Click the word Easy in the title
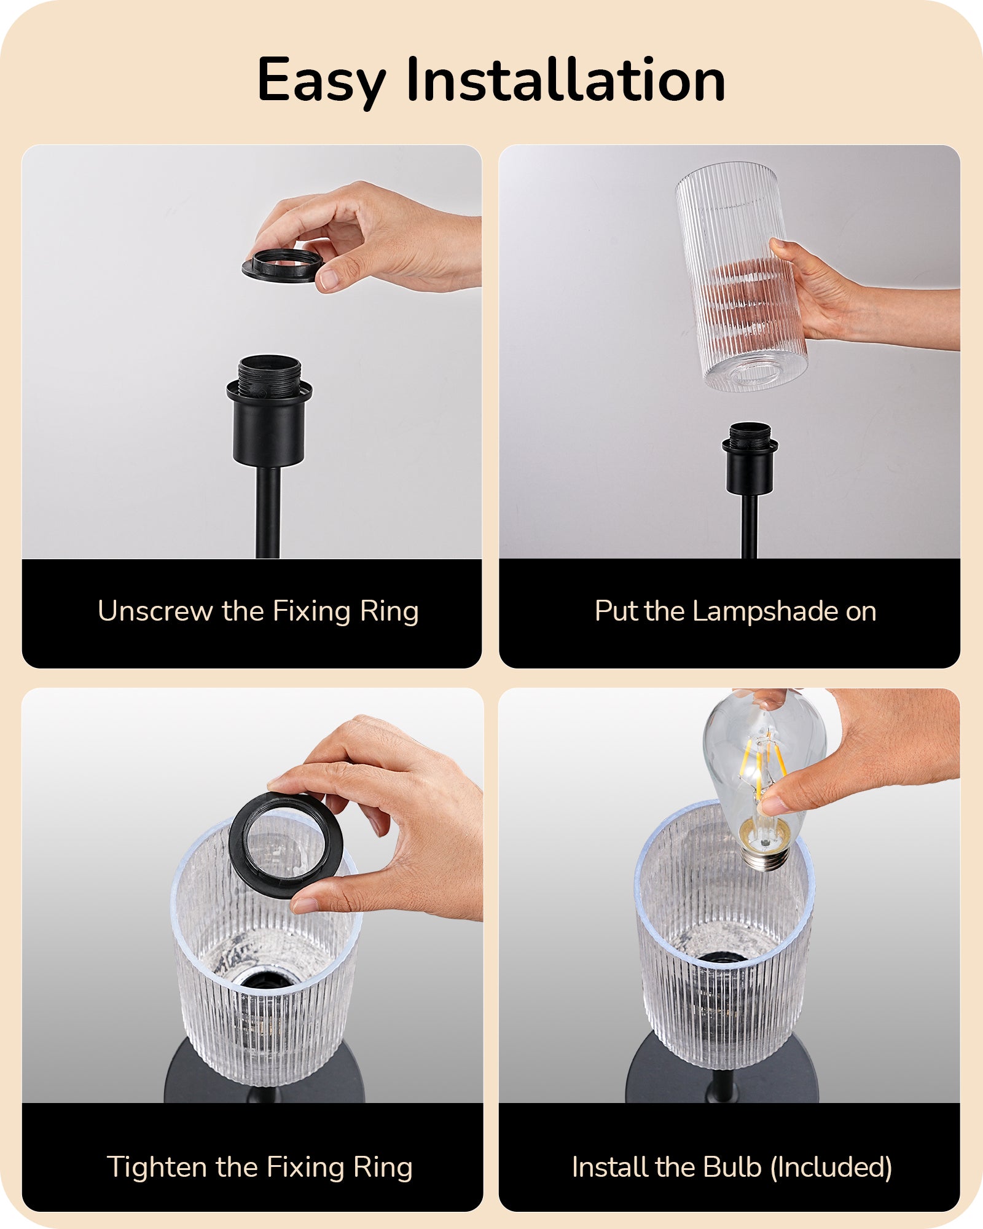tap(321, 81)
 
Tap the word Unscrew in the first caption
tap(155, 611)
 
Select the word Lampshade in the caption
tap(766, 612)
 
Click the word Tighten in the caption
tap(157, 1168)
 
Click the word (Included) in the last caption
tap(831, 1168)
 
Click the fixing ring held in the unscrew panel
tap(283, 265)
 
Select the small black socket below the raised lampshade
tap(750, 458)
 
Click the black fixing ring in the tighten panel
tap(286, 844)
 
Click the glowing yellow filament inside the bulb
tap(761, 764)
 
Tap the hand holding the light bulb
tap(860, 753)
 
